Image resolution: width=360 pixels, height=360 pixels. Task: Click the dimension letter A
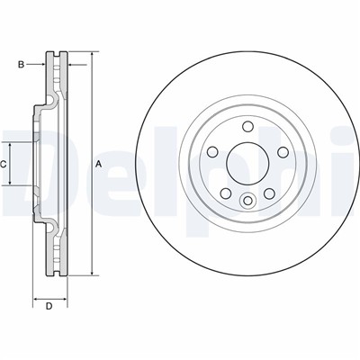click(98, 163)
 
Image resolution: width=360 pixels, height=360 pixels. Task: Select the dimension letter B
click(21, 64)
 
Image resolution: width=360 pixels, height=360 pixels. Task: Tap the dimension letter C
click(4, 163)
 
